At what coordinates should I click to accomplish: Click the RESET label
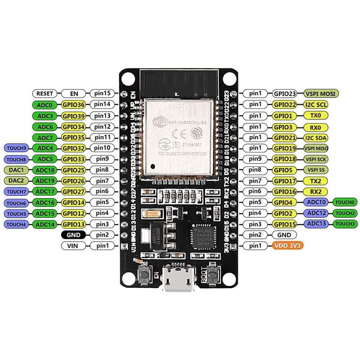[x=45, y=94]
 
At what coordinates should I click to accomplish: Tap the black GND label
[x=73, y=235]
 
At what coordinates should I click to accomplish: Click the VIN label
[x=73, y=246]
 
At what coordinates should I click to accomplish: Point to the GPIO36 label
[x=73, y=105]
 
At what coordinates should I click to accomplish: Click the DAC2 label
[x=17, y=180]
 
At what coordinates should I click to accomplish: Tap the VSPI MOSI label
[x=321, y=94]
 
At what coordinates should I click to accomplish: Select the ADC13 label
[x=317, y=224]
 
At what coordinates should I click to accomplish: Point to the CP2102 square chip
[x=203, y=238]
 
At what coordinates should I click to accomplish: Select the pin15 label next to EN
[x=102, y=94]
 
